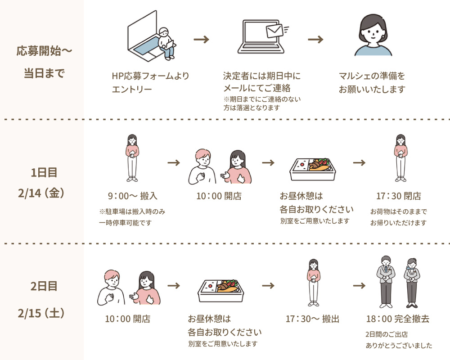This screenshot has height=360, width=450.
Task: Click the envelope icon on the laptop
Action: [x=274, y=31]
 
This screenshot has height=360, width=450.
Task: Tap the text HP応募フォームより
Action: [x=150, y=76]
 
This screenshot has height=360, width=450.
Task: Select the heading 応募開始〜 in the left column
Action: [x=44, y=51]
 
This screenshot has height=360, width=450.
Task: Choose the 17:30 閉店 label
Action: [x=399, y=196]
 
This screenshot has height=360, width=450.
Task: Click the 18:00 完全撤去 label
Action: [x=398, y=319]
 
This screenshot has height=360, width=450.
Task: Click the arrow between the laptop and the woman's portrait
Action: [x=316, y=40]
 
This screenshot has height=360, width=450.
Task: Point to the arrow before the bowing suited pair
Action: [x=359, y=286]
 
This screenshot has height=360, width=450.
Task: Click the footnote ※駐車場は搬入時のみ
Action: [x=132, y=211]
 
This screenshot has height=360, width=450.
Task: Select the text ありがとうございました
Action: [x=399, y=346]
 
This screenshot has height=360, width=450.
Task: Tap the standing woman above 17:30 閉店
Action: [x=400, y=157]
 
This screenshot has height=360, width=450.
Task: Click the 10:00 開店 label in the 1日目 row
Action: [x=219, y=196]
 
